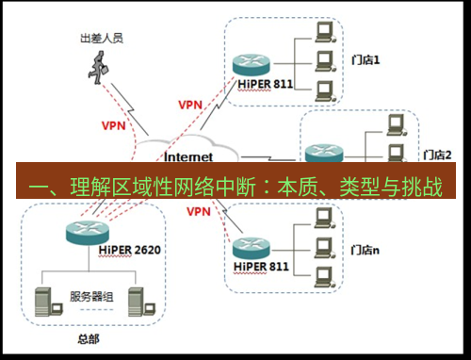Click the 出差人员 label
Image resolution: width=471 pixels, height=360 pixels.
click(101, 40)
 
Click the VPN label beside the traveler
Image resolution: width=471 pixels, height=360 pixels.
click(113, 124)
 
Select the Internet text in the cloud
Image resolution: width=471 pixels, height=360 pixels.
click(188, 156)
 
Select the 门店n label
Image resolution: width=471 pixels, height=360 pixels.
click(365, 250)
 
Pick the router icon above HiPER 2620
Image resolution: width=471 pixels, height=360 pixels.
click(84, 229)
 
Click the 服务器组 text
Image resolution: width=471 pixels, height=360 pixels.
click(91, 297)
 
